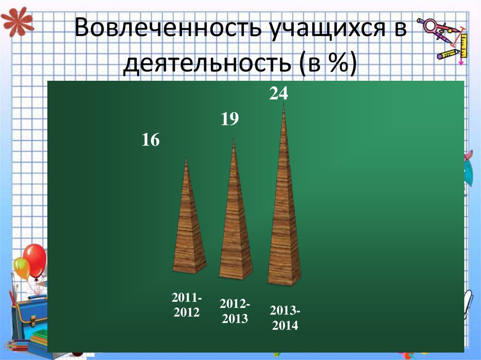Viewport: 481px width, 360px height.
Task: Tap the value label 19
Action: coord(230,119)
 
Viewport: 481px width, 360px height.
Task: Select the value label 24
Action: coord(278,94)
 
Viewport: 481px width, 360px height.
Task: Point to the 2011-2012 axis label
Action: coord(186,305)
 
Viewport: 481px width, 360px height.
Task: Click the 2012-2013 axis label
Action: coord(235,312)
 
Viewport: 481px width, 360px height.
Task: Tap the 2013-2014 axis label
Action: coord(285,318)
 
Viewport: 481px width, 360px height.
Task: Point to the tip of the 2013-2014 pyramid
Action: coord(284,105)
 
